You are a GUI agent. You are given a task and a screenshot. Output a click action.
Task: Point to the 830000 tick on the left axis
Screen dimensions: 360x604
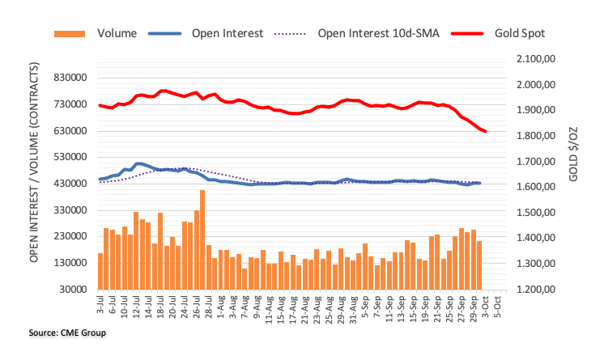[69, 78]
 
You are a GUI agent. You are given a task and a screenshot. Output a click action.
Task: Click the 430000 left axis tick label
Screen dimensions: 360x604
[69, 184]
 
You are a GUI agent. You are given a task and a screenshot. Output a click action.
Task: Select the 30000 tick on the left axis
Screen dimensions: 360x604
[72, 289]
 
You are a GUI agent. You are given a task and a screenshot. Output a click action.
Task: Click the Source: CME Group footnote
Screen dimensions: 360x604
[56, 332]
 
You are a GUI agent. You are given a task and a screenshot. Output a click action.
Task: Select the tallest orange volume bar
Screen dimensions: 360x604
[202, 239]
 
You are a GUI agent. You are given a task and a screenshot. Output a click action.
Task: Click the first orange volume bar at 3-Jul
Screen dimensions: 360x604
[100, 271]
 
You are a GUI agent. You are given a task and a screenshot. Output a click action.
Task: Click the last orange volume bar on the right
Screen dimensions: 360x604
[479, 265]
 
